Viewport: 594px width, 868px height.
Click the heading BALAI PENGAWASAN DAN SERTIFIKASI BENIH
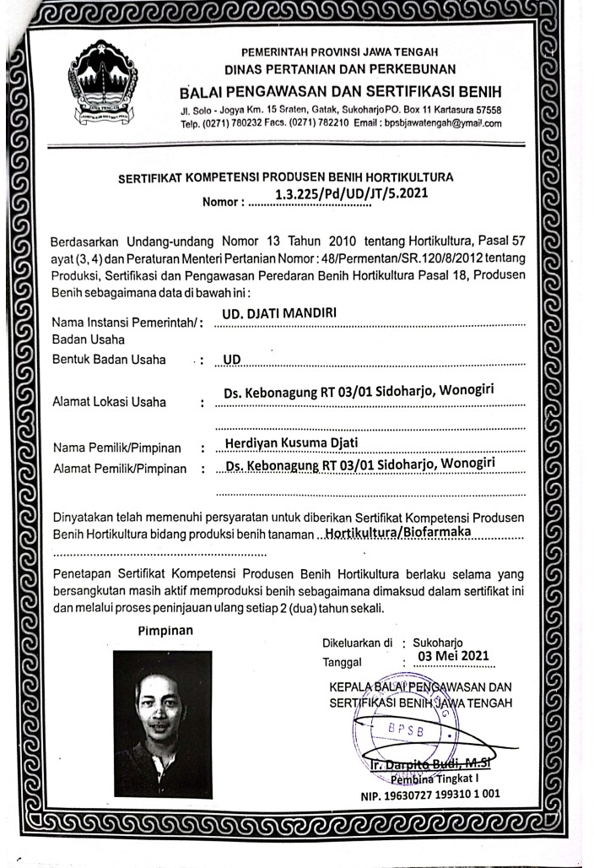coord(342,91)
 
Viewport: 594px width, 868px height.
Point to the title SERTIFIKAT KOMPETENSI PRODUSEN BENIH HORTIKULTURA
coord(286,177)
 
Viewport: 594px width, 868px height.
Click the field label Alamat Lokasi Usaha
coord(109,402)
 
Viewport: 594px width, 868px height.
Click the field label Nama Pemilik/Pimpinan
coord(120,447)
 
